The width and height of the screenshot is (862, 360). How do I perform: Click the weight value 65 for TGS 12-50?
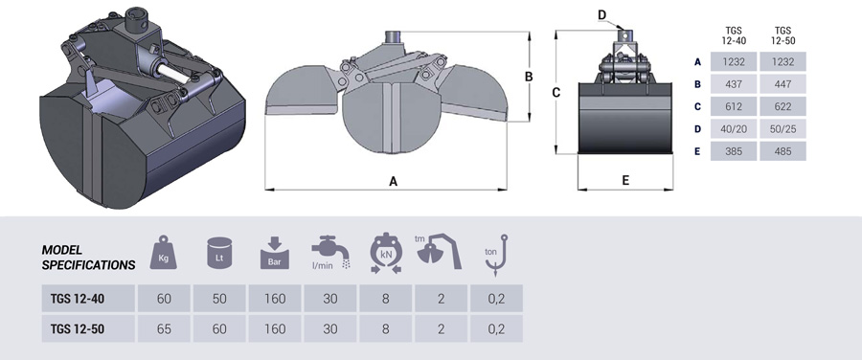(165, 328)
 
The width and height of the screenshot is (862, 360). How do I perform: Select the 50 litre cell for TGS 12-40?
(220, 299)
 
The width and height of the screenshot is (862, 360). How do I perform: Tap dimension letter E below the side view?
(624, 179)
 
